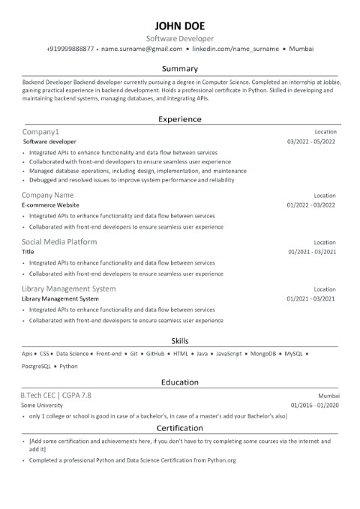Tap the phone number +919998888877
tap(70, 48)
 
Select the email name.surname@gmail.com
tap(142, 48)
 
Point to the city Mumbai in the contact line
tap(301, 48)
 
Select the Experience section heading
tap(179, 118)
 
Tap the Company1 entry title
tap(40, 132)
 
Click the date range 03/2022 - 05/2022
tap(311, 141)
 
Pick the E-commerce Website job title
tap(50, 204)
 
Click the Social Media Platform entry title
tap(59, 242)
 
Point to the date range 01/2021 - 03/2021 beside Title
tap(311, 252)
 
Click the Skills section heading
tap(179, 340)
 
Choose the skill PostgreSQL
tap(37, 366)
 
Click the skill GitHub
tap(155, 352)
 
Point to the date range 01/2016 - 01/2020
tap(311, 404)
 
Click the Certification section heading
tap(179, 428)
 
